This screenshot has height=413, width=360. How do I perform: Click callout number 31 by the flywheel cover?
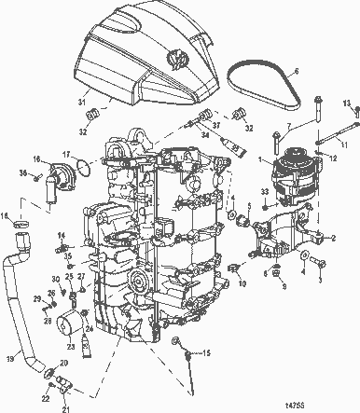(80, 101)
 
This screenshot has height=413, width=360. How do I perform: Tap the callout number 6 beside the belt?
(296, 70)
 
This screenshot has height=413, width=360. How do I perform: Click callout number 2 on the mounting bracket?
(334, 238)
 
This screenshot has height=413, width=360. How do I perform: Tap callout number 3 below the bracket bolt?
(322, 277)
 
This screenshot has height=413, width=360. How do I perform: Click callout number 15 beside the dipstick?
(207, 353)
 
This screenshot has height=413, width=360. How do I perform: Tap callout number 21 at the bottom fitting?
(65, 408)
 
